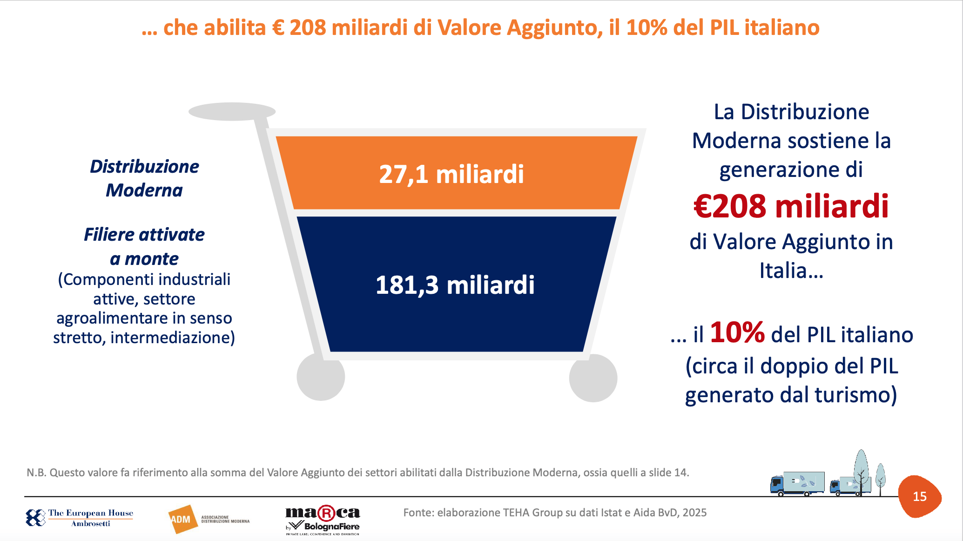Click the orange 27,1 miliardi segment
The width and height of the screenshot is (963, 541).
[x=456, y=173]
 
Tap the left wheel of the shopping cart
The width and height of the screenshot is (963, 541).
[x=321, y=377]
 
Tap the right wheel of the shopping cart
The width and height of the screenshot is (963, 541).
[x=593, y=378]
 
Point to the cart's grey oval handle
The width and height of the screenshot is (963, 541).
[x=232, y=112]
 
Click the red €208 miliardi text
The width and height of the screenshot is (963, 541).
[x=791, y=206]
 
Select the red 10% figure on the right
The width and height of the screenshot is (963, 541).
[x=737, y=333]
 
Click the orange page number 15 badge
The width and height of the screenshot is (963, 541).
[x=920, y=497]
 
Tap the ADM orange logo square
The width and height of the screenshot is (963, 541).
[x=182, y=519]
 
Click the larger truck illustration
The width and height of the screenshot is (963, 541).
[x=797, y=484]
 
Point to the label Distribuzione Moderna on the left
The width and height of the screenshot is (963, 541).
[x=144, y=178]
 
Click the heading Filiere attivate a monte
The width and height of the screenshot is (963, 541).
[x=144, y=246]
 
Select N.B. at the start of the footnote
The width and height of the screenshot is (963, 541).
[x=36, y=473]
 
